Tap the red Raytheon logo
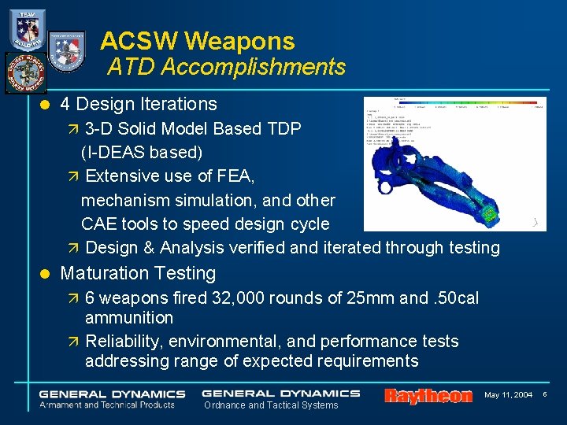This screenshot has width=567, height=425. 428,396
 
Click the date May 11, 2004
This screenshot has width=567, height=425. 509,394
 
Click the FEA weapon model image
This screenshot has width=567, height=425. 454,164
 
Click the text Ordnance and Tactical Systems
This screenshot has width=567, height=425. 271,405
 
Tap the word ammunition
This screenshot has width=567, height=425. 129,318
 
